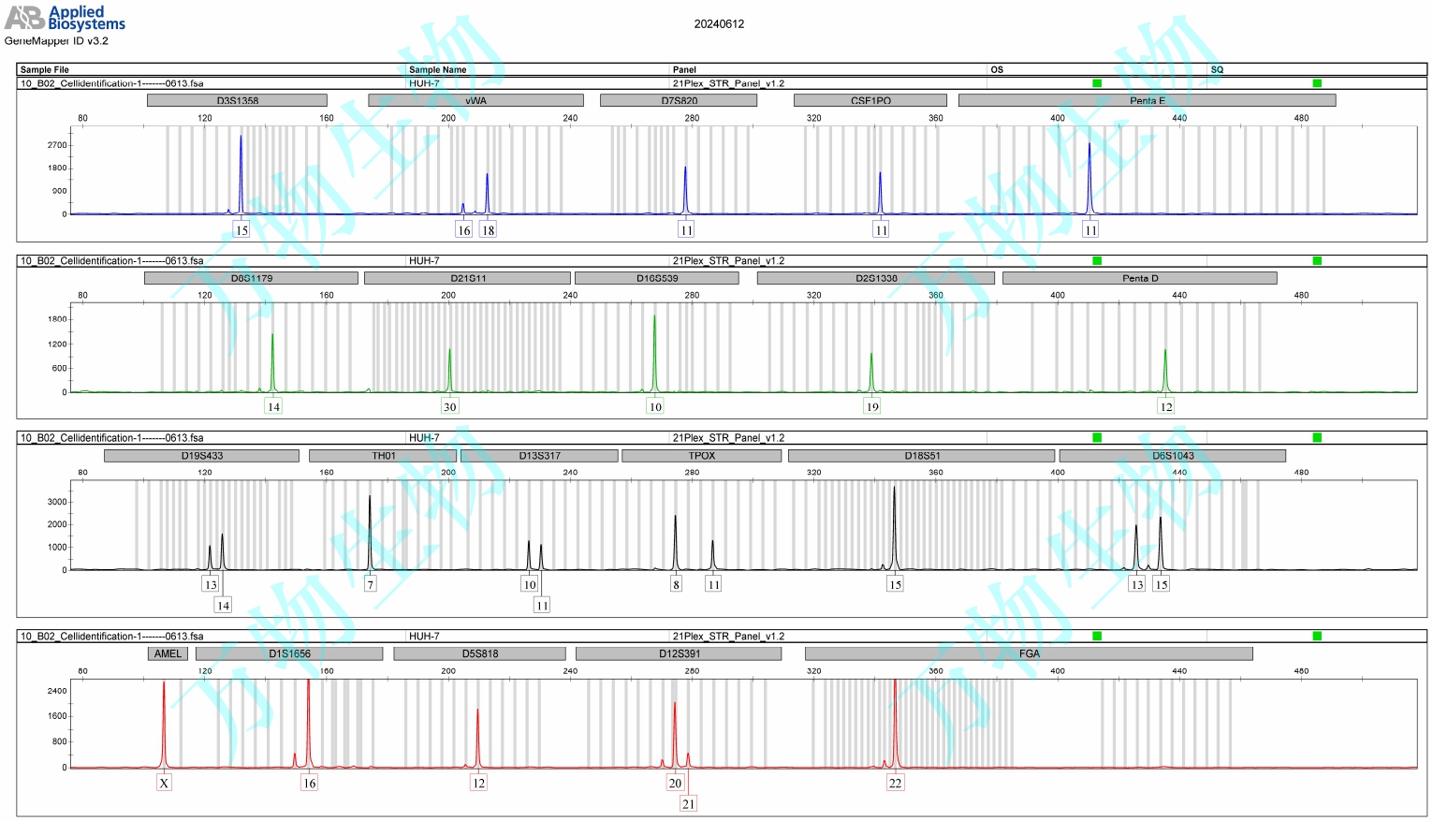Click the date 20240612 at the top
(x=719, y=24)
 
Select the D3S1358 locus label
(x=237, y=100)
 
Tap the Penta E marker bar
(x=1147, y=100)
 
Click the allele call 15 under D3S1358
(x=241, y=230)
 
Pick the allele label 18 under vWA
(x=488, y=230)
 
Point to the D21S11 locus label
(x=467, y=278)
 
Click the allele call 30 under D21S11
(x=449, y=407)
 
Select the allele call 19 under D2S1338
(x=872, y=407)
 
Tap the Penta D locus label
(x=1139, y=278)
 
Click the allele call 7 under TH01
(x=370, y=585)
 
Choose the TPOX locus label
(x=701, y=456)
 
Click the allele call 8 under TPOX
(x=676, y=585)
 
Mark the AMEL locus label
(x=168, y=653)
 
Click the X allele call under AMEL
(x=164, y=784)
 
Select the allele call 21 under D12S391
(x=689, y=804)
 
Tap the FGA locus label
(x=1029, y=653)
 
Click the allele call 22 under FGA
(x=895, y=784)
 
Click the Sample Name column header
(x=437, y=69)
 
